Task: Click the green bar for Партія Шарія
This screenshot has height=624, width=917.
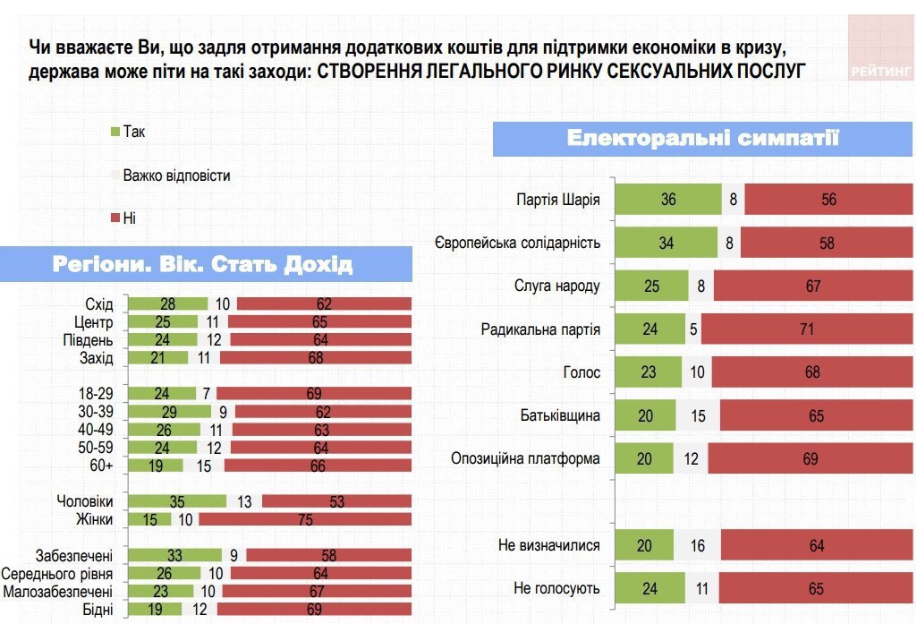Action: tap(668, 200)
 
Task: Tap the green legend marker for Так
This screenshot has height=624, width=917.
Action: tap(115, 132)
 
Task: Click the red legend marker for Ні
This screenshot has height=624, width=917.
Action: tap(115, 218)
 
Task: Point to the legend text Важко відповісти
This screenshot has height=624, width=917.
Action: tap(176, 175)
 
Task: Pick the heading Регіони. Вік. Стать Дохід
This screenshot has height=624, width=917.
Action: tap(203, 264)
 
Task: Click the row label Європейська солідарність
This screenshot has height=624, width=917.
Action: tap(517, 244)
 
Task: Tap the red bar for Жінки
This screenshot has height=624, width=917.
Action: tap(304, 519)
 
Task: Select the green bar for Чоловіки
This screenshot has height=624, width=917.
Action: tap(177, 502)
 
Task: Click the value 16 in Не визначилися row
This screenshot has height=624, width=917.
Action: tap(695, 546)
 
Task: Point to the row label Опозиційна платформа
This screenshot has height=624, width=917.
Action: tap(525, 459)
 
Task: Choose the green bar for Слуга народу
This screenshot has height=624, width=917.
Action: tap(650, 286)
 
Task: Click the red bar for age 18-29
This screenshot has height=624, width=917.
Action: tap(313, 392)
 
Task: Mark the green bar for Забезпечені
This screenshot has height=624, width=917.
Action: tap(174, 556)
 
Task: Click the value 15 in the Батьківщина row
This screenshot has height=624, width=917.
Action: tap(697, 416)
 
